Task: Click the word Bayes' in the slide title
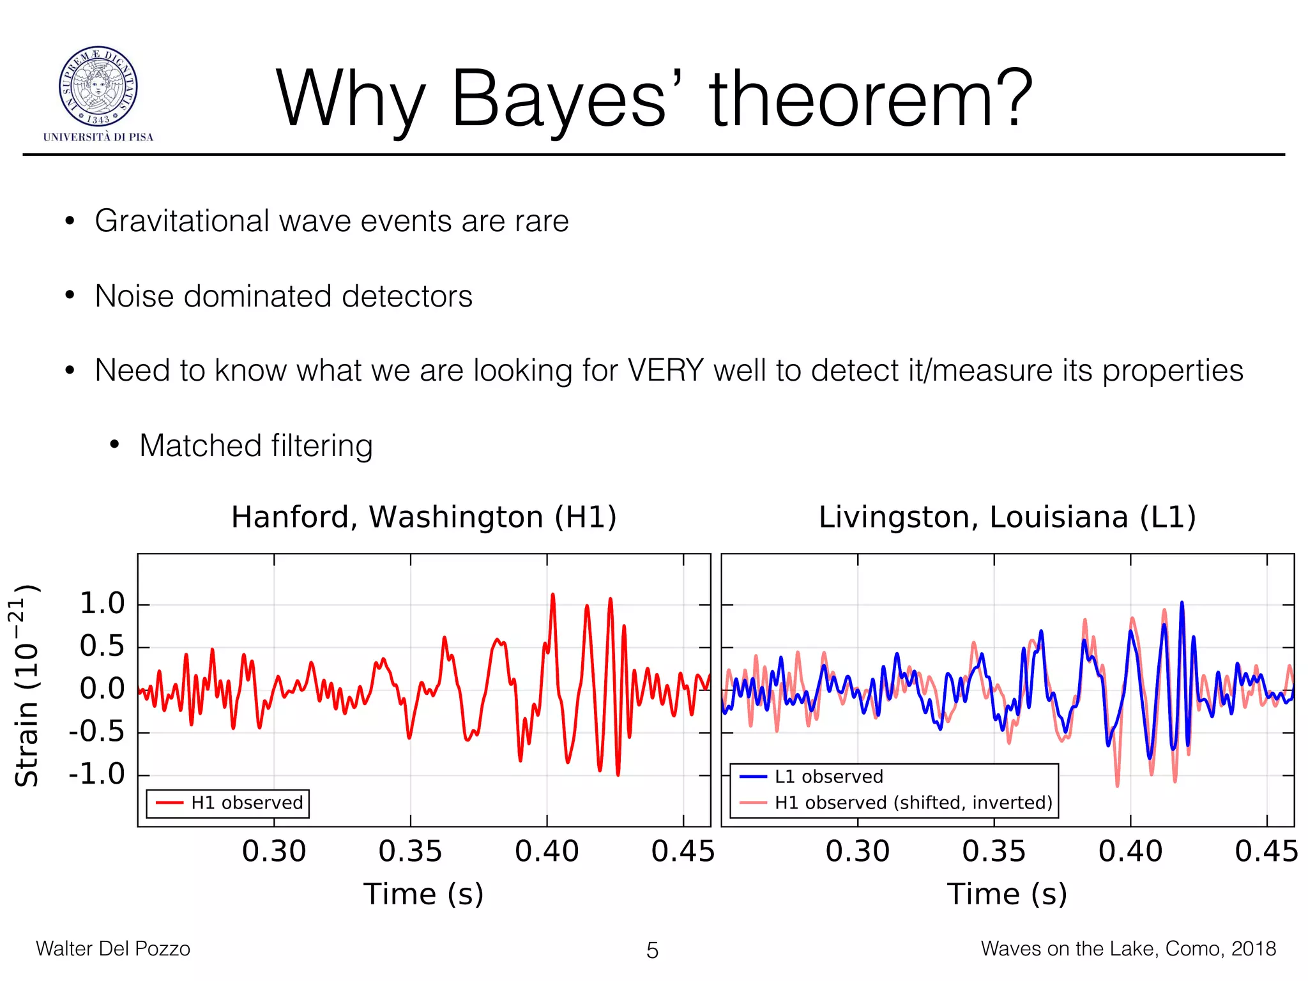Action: click(x=565, y=101)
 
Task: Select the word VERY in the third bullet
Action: click(x=665, y=370)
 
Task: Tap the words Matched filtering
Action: click(x=255, y=446)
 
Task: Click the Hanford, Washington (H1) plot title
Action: click(x=423, y=517)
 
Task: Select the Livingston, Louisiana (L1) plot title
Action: click(x=1007, y=517)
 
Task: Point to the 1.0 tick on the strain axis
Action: click(x=102, y=604)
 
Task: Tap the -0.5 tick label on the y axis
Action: click(x=97, y=732)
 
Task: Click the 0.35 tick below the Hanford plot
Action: click(x=410, y=852)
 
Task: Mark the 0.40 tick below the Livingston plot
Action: click(x=1130, y=852)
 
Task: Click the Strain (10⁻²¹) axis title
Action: click(x=27, y=685)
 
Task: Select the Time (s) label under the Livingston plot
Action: click(x=1007, y=894)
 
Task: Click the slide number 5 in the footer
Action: click(x=652, y=950)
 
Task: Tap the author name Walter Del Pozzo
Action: click(x=113, y=948)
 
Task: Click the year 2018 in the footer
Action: click(x=1253, y=948)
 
